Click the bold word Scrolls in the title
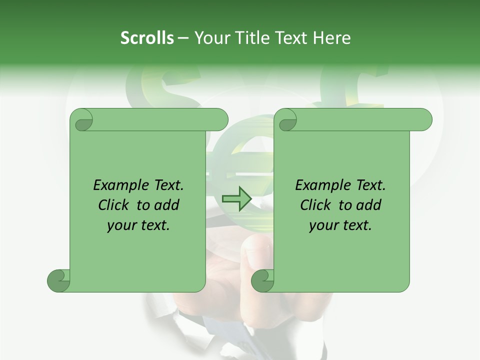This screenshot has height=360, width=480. [147, 38]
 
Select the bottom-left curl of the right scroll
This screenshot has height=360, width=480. [263, 280]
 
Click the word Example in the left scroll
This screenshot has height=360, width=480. [118, 185]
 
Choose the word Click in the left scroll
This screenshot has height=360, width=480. [114, 205]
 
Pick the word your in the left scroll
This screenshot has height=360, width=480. [120, 225]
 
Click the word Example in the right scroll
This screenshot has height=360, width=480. [320, 185]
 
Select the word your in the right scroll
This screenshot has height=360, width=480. [322, 225]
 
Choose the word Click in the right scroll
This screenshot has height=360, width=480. [316, 205]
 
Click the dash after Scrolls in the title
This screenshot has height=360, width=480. [183, 38]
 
